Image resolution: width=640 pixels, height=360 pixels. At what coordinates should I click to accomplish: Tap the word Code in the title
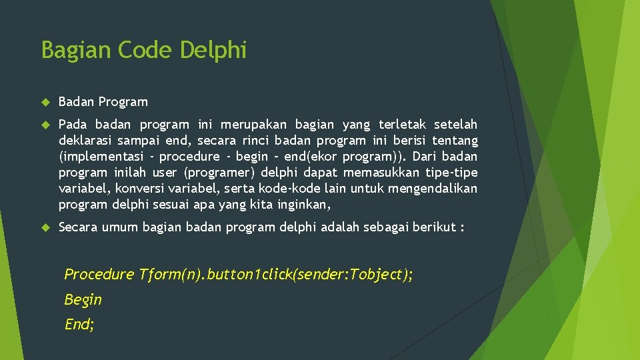(x=139, y=50)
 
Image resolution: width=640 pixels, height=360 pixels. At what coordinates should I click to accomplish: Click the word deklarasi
(x=85, y=141)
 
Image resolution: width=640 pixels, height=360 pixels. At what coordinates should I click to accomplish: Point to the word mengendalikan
(x=434, y=189)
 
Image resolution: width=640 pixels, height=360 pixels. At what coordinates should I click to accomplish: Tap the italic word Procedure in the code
(x=99, y=275)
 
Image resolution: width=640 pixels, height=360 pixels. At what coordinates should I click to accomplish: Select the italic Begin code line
(x=83, y=300)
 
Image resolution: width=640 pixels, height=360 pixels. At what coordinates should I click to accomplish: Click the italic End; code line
(x=79, y=325)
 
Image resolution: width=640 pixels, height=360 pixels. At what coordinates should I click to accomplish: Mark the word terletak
(x=402, y=125)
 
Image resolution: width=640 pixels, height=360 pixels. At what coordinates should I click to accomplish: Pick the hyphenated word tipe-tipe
(x=453, y=173)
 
